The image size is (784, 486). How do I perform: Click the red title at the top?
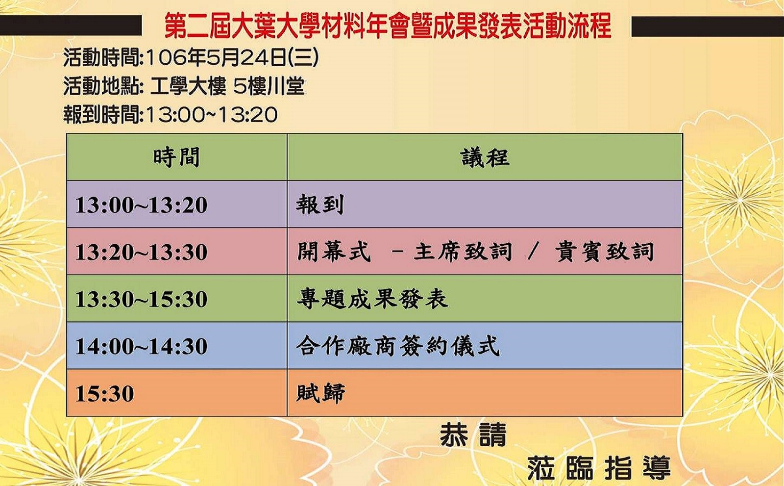point(388,26)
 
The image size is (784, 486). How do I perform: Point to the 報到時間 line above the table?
point(171,114)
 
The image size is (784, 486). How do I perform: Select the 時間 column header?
point(177,157)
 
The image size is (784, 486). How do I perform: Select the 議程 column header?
point(485,157)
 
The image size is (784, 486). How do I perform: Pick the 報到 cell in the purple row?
point(320,205)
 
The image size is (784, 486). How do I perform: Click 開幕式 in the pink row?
point(334,252)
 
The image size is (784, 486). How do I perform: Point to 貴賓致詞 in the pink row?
point(605,252)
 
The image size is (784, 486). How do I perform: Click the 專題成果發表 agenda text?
point(372,299)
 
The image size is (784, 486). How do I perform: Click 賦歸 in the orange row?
point(320,393)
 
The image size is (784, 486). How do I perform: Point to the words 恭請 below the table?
point(473,435)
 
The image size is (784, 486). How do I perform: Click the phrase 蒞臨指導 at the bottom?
point(599,467)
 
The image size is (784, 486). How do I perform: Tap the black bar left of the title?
point(71,26)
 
